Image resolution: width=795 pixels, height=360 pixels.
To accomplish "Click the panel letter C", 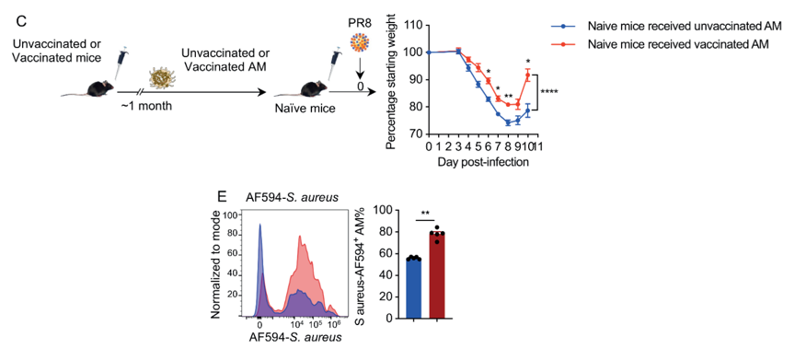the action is coord(21,21).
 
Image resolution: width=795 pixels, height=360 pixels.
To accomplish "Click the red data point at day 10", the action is coord(527,75).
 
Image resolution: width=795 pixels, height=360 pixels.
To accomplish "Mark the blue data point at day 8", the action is coord(508,122).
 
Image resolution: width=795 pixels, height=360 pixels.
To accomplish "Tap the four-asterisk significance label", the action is coord(550,92).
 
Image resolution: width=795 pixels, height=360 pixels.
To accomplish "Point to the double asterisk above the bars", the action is coord(426,214).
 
